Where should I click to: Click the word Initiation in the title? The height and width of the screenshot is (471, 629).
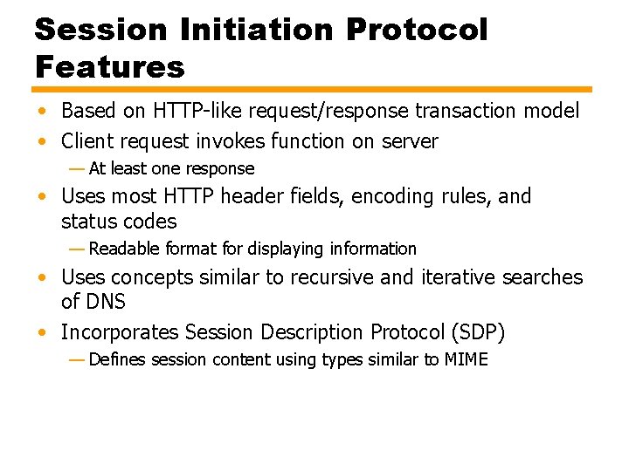(x=253, y=31)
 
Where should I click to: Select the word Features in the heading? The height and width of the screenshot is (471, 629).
(x=110, y=66)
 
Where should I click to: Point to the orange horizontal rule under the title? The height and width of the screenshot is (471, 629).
(x=313, y=89)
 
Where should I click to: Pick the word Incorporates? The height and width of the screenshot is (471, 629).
(x=118, y=332)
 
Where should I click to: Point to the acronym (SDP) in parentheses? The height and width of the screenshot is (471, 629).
(x=475, y=332)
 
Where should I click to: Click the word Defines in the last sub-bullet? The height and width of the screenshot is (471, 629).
(x=117, y=359)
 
